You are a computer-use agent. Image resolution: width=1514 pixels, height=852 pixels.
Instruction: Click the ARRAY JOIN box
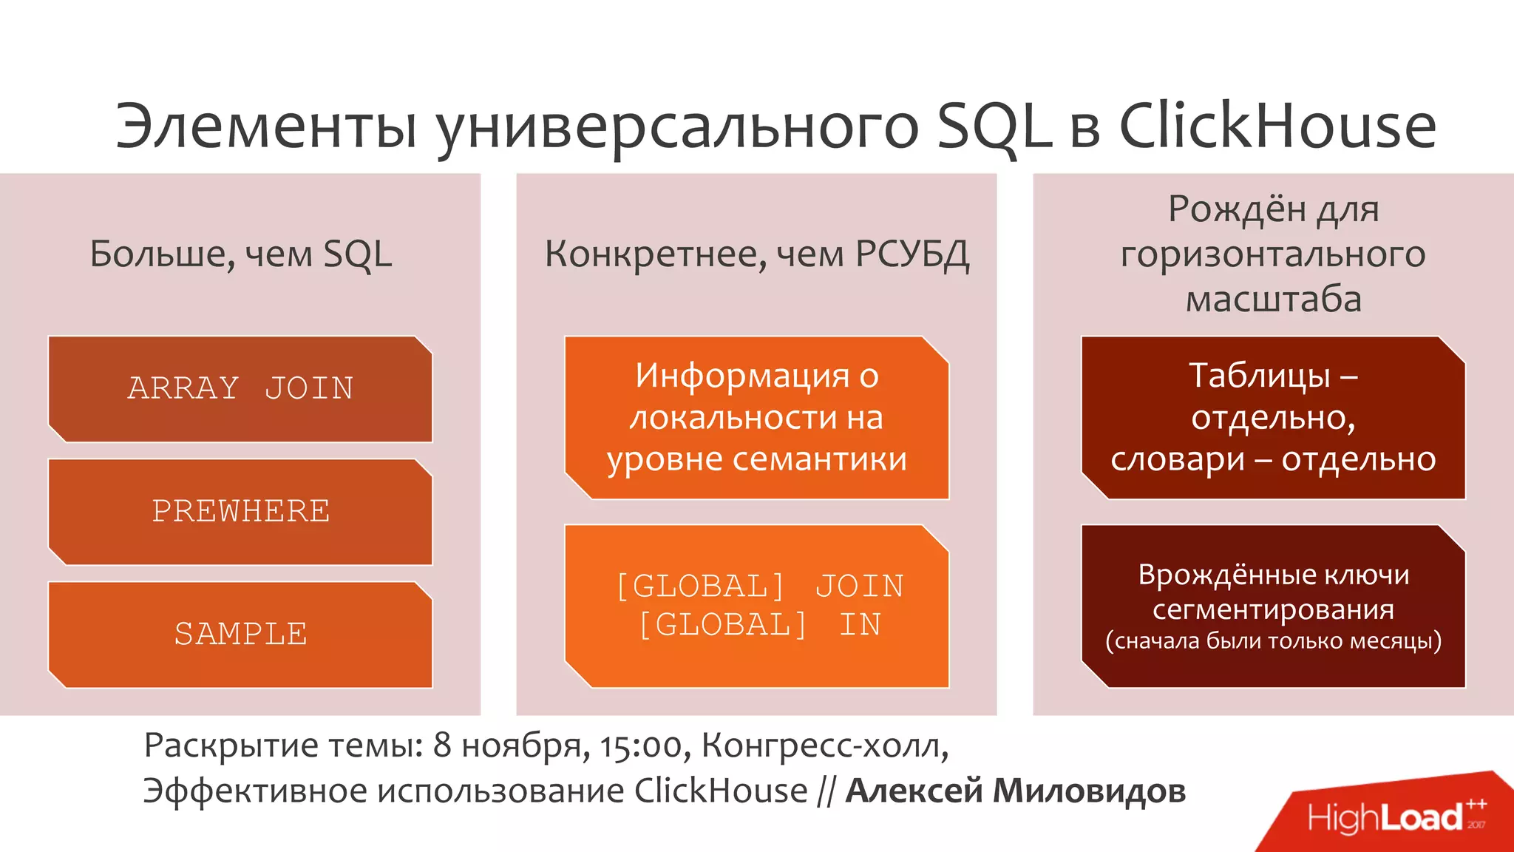click(x=240, y=389)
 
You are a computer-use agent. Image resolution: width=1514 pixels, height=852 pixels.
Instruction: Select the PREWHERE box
click(x=240, y=512)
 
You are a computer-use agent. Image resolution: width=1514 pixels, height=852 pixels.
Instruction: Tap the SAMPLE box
click(x=240, y=635)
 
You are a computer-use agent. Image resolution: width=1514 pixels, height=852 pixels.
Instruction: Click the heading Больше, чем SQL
click(x=240, y=254)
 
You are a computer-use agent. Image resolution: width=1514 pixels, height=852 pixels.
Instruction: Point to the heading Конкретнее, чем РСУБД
click(x=756, y=254)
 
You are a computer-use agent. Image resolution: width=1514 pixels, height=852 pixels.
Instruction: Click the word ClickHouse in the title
click(x=1277, y=126)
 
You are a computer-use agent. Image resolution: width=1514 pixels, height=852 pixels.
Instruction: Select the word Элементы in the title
click(x=266, y=126)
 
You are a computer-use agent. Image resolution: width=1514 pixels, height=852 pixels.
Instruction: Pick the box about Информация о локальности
click(x=756, y=418)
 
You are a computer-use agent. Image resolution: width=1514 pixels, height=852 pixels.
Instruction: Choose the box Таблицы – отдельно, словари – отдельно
click(x=1273, y=418)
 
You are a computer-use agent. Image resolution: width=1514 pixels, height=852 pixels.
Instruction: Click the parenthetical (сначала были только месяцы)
click(x=1273, y=640)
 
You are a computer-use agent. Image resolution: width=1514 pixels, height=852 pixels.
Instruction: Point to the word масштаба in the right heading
click(x=1273, y=300)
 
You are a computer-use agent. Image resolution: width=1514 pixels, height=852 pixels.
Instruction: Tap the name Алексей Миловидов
click(x=1016, y=791)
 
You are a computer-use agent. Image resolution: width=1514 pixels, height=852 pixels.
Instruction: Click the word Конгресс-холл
click(x=824, y=745)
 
